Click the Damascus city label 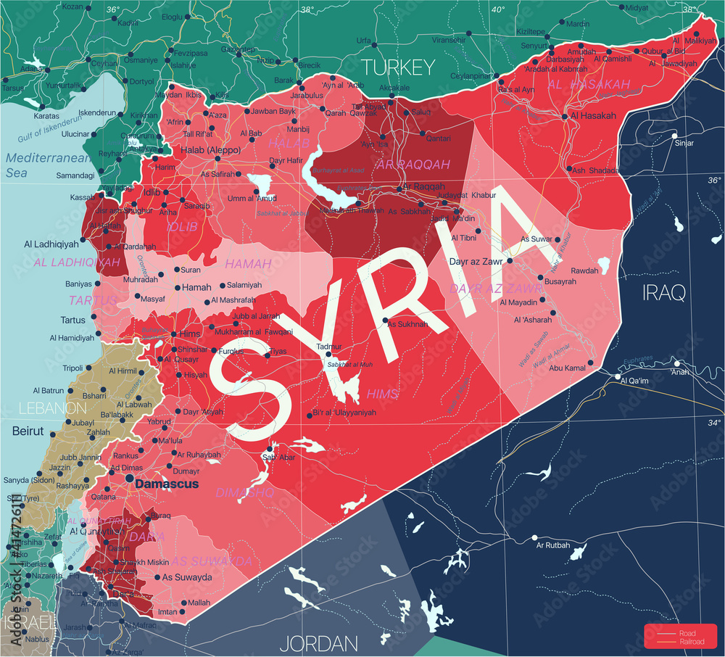click(167, 484)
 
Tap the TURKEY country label click(398, 68)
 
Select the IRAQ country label click(663, 292)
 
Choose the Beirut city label click(28, 431)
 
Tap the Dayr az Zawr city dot click(510, 260)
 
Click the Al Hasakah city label click(593, 115)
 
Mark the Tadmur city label click(328, 347)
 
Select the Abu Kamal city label click(566, 368)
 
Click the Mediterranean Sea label click(47, 165)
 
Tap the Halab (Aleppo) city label click(210, 149)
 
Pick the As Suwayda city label click(186, 577)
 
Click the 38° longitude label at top click(307, 9)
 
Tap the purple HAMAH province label click(248, 264)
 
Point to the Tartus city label click(72, 320)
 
